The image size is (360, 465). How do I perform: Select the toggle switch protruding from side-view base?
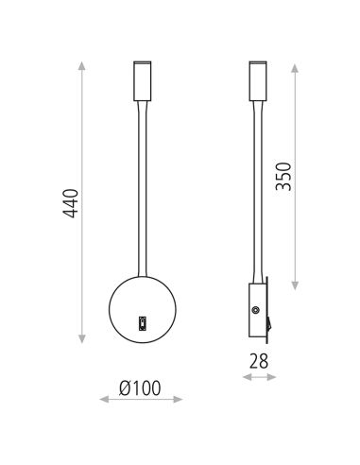(x=267, y=323)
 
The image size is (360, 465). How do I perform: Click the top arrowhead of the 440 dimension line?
(x=80, y=63)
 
